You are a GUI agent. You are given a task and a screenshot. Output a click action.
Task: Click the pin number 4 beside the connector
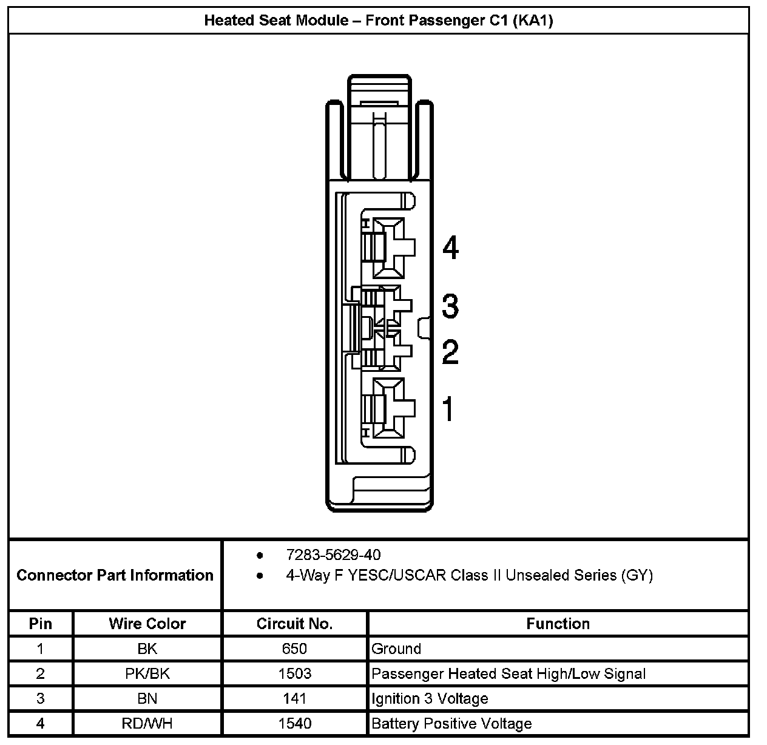pyautogui.click(x=450, y=248)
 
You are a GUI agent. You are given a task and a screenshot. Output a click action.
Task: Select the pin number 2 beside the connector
pyautogui.click(x=450, y=352)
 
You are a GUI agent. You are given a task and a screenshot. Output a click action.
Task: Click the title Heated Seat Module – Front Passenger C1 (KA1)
pyautogui.click(x=378, y=21)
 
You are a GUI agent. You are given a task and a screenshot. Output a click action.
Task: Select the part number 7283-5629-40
pyautogui.click(x=333, y=555)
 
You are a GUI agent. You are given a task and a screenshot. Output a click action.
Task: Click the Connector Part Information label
pyautogui.click(x=115, y=575)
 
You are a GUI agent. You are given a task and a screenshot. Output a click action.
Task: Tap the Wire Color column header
pyautogui.click(x=147, y=624)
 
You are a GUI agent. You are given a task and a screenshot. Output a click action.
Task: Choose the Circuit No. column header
pyautogui.click(x=294, y=624)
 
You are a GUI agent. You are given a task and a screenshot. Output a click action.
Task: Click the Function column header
pyautogui.click(x=558, y=624)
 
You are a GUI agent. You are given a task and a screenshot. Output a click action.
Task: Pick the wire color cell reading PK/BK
pyautogui.click(x=147, y=673)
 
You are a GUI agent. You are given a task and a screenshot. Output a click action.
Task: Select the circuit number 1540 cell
pyautogui.click(x=294, y=723)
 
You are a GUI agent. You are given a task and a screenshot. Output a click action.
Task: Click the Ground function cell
pyautogui.click(x=396, y=649)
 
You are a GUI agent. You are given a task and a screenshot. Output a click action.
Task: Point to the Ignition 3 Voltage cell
pyautogui.click(x=430, y=698)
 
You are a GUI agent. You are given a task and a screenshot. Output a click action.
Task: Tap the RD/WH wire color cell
pyautogui.click(x=147, y=723)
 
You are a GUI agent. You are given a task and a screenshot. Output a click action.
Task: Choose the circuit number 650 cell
pyautogui.click(x=294, y=649)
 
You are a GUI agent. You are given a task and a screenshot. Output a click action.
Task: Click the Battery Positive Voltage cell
pyautogui.click(x=451, y=723)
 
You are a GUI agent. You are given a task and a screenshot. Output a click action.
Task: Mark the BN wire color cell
pyautogui.click(x=147, y=698)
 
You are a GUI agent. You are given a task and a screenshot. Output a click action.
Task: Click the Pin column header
pyautogui.click(x=41, y=624)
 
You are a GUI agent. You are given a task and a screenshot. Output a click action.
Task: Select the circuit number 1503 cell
pyautogui.click(x=294, y=673)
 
